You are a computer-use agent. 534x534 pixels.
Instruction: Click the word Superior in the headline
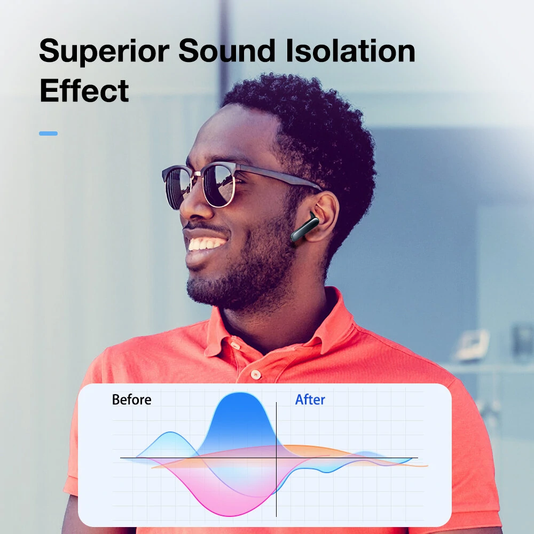pos(104,51)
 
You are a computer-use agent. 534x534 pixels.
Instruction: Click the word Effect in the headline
pos(84,90)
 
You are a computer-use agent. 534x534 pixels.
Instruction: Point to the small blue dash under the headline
pos(49,133)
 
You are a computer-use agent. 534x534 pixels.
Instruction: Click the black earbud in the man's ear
pos(304,227)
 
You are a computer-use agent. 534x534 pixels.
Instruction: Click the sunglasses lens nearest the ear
pos(219,185)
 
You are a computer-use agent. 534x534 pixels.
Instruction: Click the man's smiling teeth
pos(206,244)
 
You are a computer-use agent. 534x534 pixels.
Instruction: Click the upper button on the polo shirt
pos(235,345)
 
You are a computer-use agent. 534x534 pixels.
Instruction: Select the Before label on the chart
pos(131,400)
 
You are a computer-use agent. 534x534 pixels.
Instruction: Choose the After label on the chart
pos(310,400)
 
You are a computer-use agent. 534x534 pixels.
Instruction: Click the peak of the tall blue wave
pos(240,394)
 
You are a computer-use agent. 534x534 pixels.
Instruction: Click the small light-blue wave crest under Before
pos(170,433)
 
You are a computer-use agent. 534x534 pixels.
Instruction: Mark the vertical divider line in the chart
pos(276,459)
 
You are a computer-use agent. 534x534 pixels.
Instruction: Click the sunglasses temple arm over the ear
pos(279,176)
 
